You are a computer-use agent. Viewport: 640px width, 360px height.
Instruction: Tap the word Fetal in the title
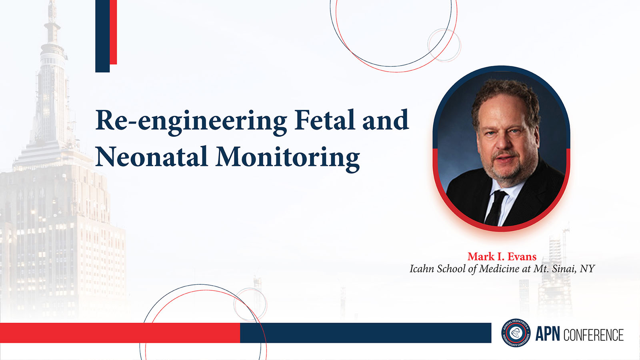(x=325, y=120)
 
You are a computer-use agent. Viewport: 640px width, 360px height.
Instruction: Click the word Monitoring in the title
(x=288, y=159)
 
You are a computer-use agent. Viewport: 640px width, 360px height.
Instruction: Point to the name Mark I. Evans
(x=502, y=256)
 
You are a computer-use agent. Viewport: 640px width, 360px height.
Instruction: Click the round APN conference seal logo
(x=516, y=333)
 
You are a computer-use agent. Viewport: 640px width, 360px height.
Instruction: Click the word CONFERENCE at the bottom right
(x=594, y=334)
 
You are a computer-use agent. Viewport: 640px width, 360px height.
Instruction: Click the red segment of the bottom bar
(x=120, y=333)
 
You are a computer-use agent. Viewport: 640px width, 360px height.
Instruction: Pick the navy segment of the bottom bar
(x=366, y=333)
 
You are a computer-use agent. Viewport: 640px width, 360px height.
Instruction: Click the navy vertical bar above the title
(x=102, y=36)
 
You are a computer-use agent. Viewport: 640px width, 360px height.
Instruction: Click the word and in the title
(x=386, y=120)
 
